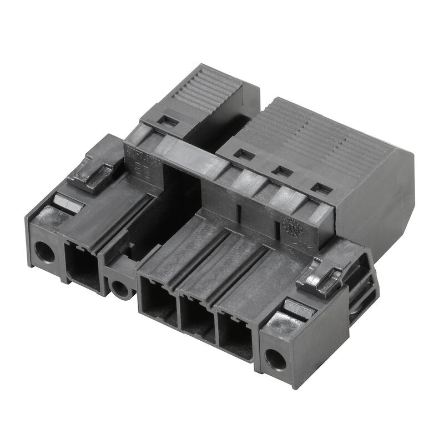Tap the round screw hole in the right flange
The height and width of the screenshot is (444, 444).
276,359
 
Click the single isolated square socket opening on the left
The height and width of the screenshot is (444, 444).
83,268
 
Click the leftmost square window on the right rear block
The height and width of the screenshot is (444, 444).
243,154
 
